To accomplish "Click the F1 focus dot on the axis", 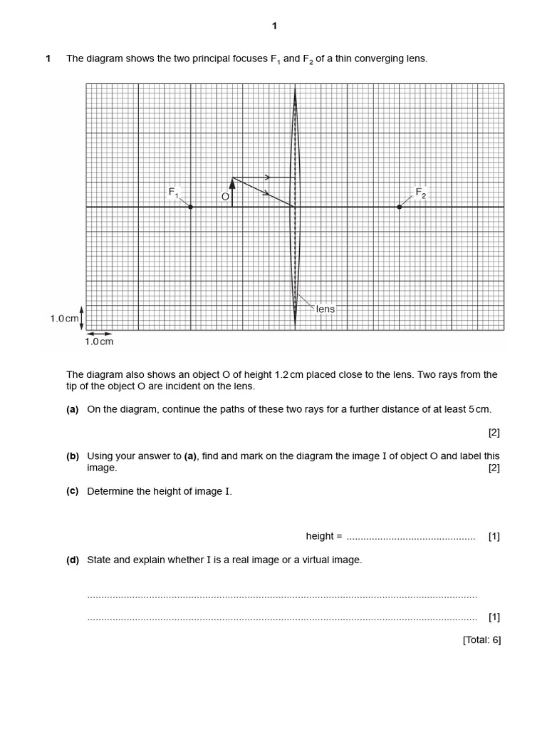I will click(x=190, y=207).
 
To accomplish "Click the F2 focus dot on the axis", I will click(x=399, y=207).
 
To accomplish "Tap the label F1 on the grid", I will click(x=174, y=191).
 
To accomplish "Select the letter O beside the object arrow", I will click(x=225, y=197).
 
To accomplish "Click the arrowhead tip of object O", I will click(x=232, y=179).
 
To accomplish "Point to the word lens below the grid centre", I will click(x=325, y=309).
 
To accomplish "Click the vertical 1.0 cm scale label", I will click(x=64, y=319).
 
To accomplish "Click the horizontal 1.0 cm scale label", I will click(x=99, y=341).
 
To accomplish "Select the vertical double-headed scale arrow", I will click(x=82, y=319).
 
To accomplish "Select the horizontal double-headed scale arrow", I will click(x=99, y=332).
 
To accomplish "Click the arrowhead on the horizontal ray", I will click(x=266, y=177).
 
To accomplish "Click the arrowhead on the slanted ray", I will click(x=266, y=193).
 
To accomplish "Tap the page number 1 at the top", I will click(x=274, y=26).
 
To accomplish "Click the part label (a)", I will click(x=72, y=409).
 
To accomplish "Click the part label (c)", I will click(x=72, y=491).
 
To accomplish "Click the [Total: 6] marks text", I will click(x=481, y=640).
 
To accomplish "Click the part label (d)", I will click(x=72, y=560).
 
